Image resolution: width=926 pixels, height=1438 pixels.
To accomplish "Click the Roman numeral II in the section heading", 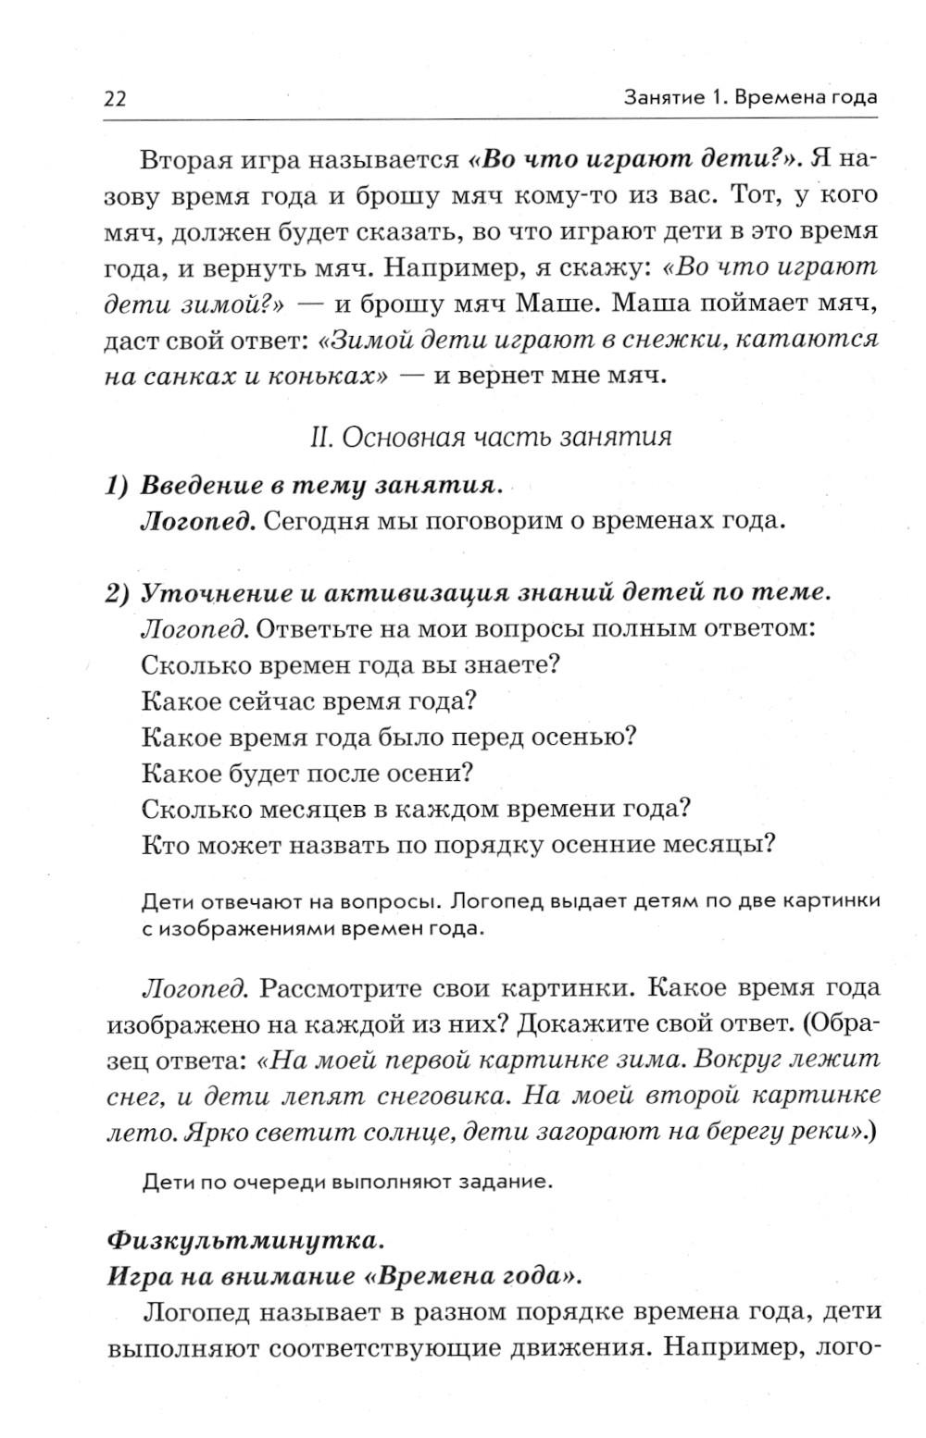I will [x=321, y=437].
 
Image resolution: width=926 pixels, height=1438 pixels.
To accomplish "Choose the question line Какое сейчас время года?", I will [x=308, y=700].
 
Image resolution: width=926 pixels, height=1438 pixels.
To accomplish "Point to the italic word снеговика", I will [x=441, y=1096].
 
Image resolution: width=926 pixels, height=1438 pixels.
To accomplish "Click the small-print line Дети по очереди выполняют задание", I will [x=348, y=1182].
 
